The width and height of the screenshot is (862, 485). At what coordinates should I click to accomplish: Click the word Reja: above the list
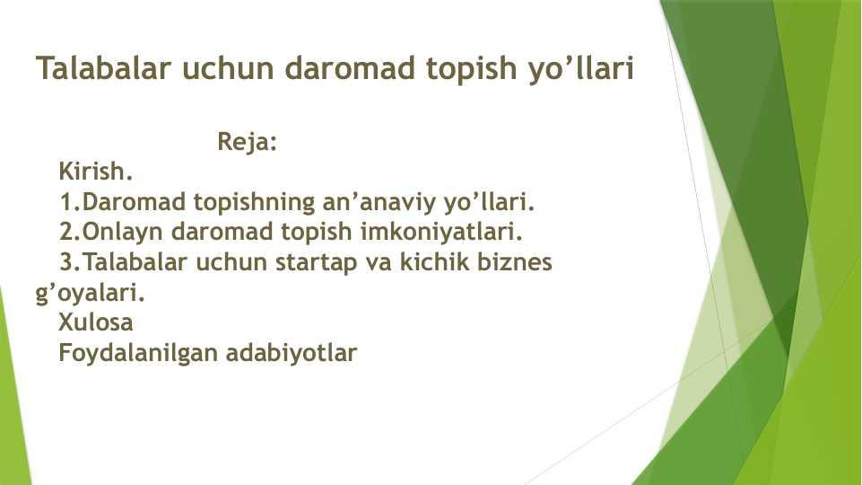pyautogui.click(x=248, y=143)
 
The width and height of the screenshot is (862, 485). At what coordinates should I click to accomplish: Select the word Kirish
pyautogui.click(x=96, y=172)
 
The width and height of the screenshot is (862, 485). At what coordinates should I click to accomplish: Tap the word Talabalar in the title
pyautogui.click(x=104, y=68)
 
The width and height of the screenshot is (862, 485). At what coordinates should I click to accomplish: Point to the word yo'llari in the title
pyautogui.click(x=580, y=69)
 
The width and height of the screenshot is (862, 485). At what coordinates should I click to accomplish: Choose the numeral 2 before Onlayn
pyautogui.click(x=67, y=231)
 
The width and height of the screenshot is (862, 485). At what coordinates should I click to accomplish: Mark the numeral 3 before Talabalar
pyautogui.click(x=67, y=261)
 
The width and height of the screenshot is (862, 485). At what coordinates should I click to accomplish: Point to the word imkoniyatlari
pyautogui.click(x=441, y=231)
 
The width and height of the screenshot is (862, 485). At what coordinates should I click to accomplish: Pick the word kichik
pyautogui.click(x=434, y=261)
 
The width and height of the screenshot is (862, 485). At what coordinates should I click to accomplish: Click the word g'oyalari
pyautogui.click(x=91, y=293)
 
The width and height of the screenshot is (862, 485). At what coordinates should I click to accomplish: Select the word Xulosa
pyautogui.click(x=96, y=322)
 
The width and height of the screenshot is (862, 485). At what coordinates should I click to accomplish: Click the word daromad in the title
pyautogui.click(x=350, y=68)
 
